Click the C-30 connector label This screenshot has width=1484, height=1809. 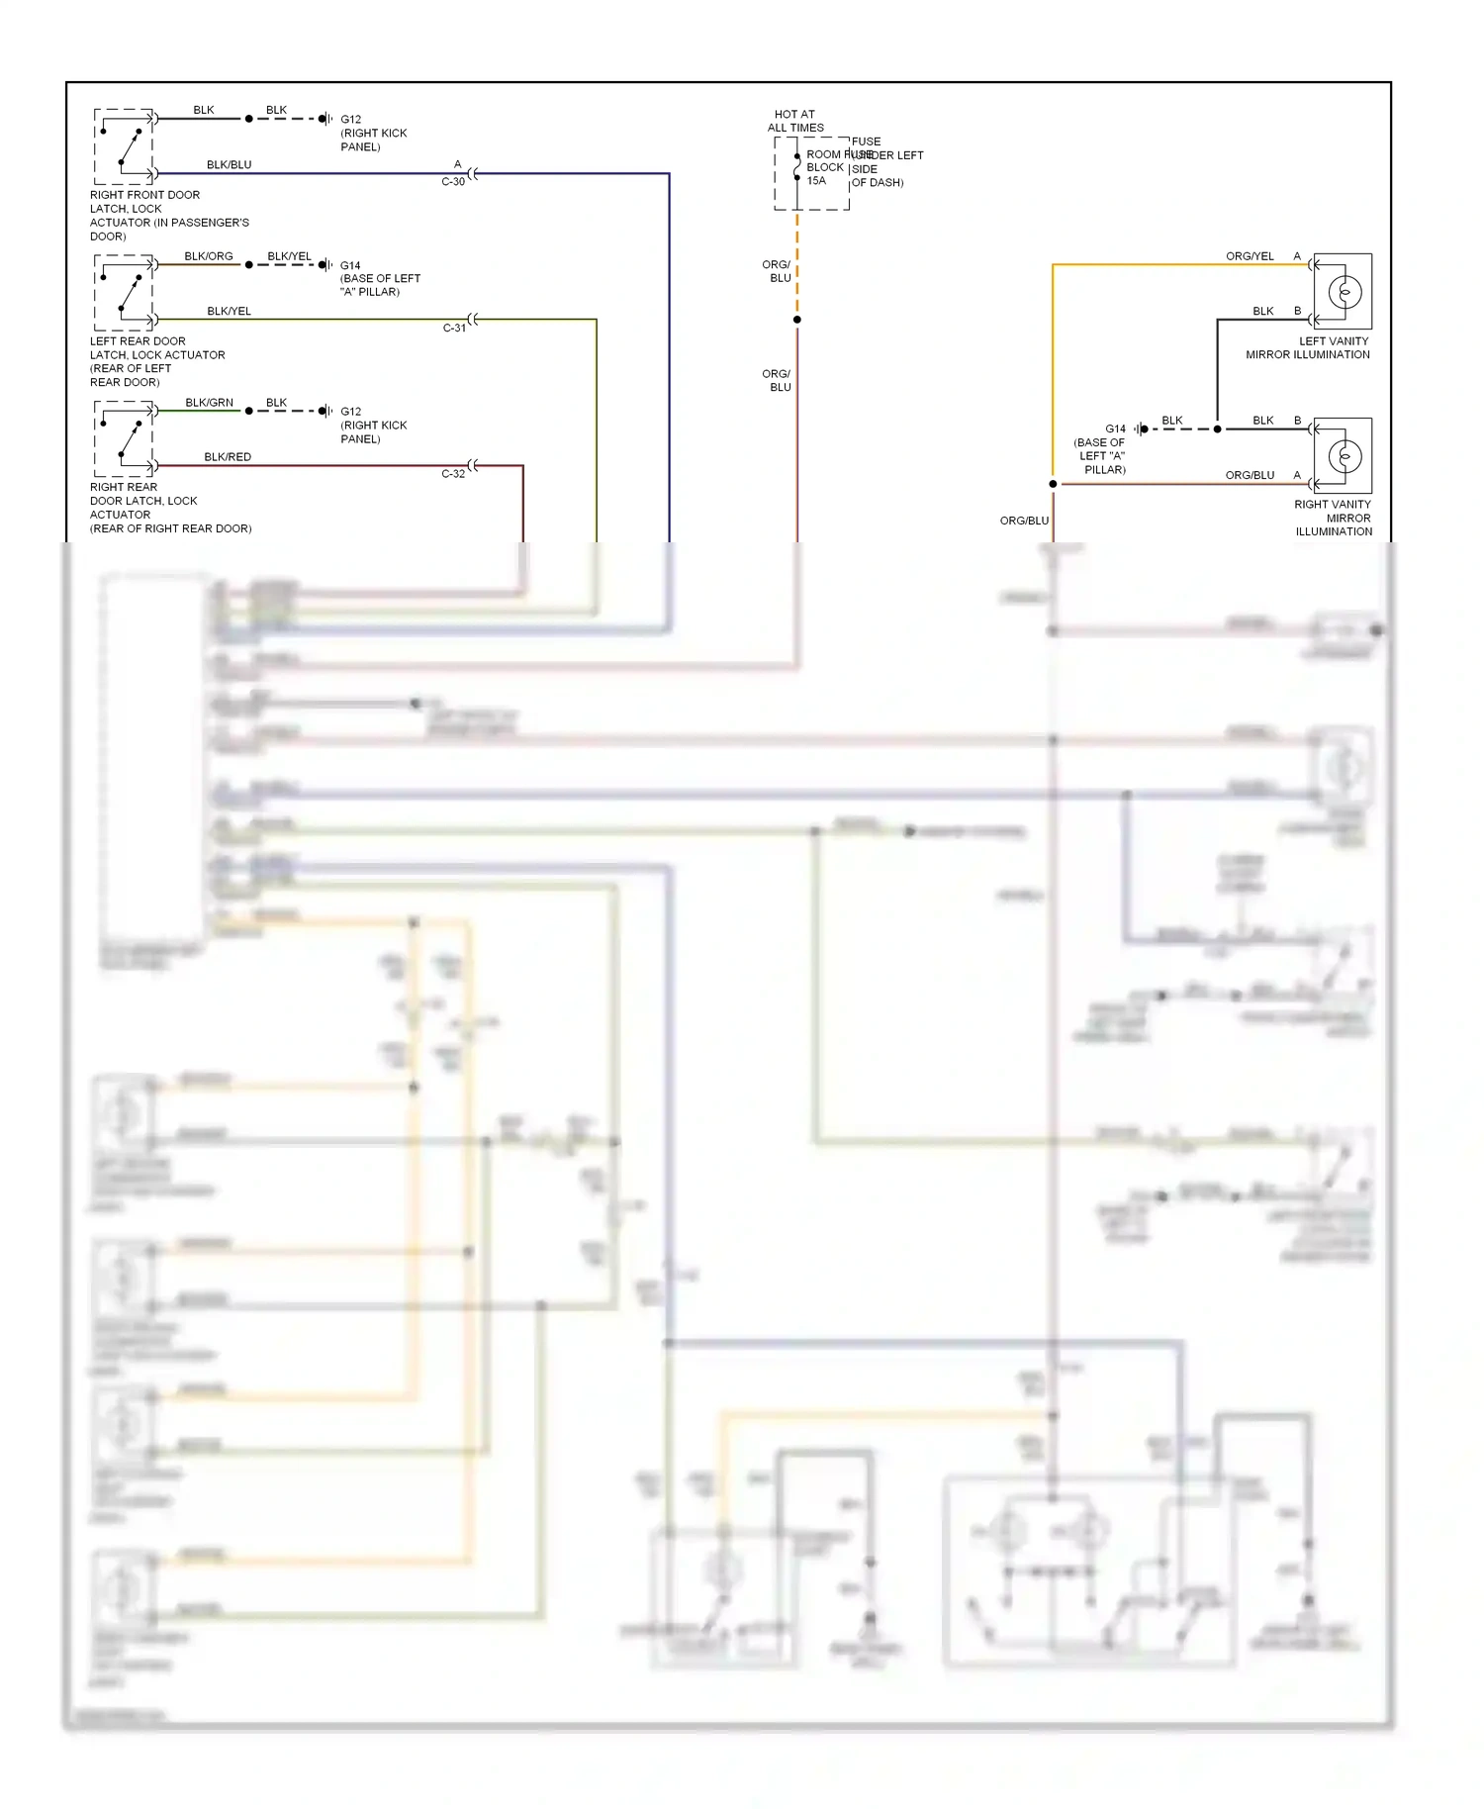pos(452,182)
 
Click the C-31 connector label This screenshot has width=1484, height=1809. pos(454,328)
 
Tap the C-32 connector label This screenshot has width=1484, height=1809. pos(452,474)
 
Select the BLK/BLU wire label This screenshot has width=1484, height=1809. pos(229,164)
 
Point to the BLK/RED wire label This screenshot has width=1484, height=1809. pos(228,456)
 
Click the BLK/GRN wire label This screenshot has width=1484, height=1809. pos(209,403)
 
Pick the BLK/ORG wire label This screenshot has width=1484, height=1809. pos(208,256)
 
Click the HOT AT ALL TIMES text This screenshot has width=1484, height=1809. pos(795,121)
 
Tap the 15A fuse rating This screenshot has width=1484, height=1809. pos(816,181)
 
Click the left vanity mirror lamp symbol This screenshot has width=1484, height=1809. pos(1344,292)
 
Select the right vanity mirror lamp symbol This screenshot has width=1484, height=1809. pos(1344,456)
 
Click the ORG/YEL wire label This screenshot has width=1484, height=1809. pos(1250,256)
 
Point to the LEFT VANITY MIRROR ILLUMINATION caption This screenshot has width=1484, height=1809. pos(1308,347)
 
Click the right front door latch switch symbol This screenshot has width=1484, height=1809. pos(125,146)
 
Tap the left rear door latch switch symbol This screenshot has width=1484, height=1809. pos(125,293)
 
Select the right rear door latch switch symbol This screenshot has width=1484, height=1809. pos(125,439)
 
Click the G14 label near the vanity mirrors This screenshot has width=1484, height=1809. pos(1115,428)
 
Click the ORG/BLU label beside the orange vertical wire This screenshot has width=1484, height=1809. pos(1024,521)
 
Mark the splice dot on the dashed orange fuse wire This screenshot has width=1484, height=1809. pos(797,320)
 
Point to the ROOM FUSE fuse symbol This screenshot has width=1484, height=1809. pos(797,168)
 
